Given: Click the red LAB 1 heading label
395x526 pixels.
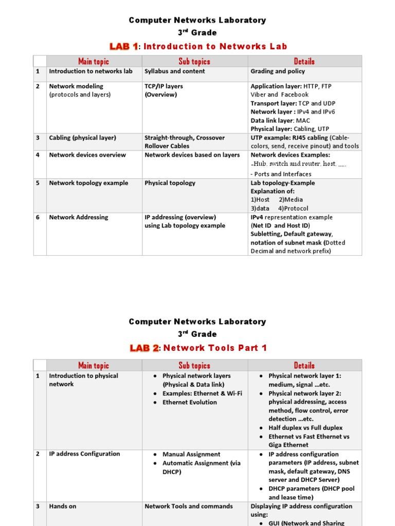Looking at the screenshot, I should pos(123,47).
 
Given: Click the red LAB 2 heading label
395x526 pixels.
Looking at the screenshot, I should pos(144,348).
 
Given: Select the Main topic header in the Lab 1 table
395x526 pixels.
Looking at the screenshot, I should pos(94,62).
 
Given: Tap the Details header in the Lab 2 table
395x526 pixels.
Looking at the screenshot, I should pos(304,366).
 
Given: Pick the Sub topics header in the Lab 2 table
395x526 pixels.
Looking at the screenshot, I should pos(194,366).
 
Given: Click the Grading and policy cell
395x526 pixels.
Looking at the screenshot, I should pos(277,71).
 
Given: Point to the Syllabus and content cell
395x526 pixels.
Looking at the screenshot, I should pos(174,71).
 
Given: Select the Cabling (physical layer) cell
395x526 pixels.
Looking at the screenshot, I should pos(82,138).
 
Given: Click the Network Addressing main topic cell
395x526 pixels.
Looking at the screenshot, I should pos(78,217).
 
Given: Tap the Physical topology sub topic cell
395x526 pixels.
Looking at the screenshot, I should pos(170,183).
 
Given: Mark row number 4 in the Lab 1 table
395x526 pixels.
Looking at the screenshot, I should pos(38,155).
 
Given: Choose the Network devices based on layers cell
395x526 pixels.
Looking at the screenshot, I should pos(192,155).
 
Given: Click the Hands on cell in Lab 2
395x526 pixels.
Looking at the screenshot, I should pos(62,506).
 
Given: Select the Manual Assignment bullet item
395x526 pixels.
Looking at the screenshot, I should pos(191,455).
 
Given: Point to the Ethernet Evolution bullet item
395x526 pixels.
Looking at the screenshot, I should pos(189,403).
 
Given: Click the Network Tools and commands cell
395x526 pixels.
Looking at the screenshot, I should pos(188,506).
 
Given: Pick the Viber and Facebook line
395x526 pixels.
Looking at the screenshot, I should pos(279,95).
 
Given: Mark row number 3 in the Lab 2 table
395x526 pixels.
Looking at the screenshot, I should pos(38,506).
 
